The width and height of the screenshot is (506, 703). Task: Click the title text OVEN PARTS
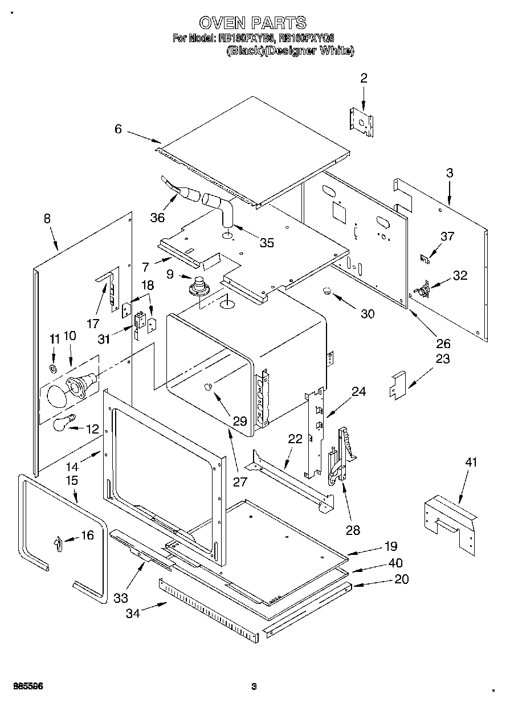[x=252, y=23]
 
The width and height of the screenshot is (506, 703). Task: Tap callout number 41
[x=470, y=463]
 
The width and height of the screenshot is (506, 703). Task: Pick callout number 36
[x=157, y=217]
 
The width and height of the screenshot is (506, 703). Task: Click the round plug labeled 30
[x=327, y=292]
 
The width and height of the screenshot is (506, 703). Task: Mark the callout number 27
[x=240, y=481]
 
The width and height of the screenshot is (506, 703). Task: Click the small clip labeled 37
[x=425, y=258]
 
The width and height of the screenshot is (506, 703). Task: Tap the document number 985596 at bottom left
[x=27, y=686]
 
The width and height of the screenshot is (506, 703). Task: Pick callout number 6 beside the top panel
[x=118, y=129]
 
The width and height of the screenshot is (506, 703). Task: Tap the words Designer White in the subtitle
[x=322, y=51]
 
